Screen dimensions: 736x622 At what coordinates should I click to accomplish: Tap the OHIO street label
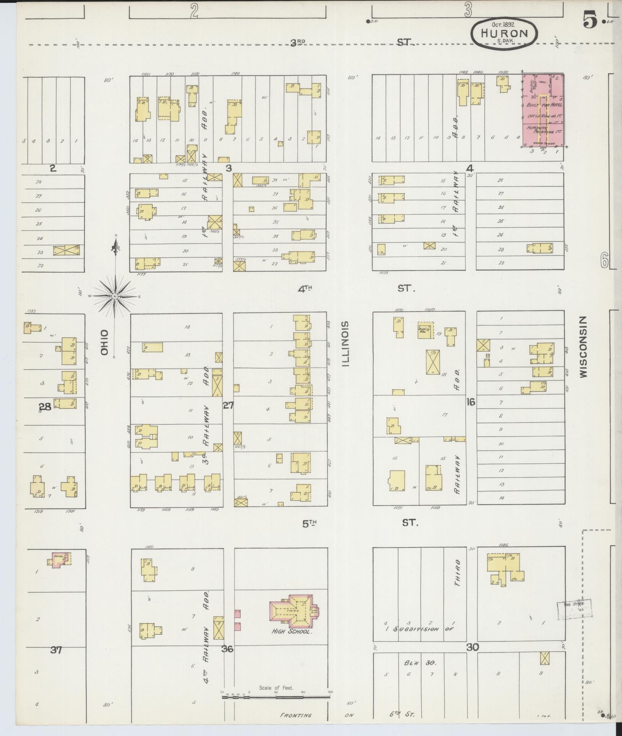tap(105, 343)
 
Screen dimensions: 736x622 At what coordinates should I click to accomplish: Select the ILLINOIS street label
tap(345, 344)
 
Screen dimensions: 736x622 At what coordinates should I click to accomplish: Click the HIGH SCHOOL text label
tap(292, 632)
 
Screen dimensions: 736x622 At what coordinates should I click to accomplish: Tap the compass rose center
tap(115, 296)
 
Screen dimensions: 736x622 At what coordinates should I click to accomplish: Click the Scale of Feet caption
tap(276, 688)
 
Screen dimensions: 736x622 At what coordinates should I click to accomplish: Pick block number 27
tap(228, 406)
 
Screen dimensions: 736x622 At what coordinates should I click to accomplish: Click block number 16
tap(470, 402)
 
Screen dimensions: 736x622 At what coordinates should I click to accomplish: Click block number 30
tap(472, 647)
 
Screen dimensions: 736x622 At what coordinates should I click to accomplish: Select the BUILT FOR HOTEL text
tap(543, 105)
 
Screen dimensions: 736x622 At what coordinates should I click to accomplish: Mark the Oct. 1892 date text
tap(503, 24)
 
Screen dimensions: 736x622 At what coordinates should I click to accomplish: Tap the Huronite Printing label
tap(543, 130)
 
